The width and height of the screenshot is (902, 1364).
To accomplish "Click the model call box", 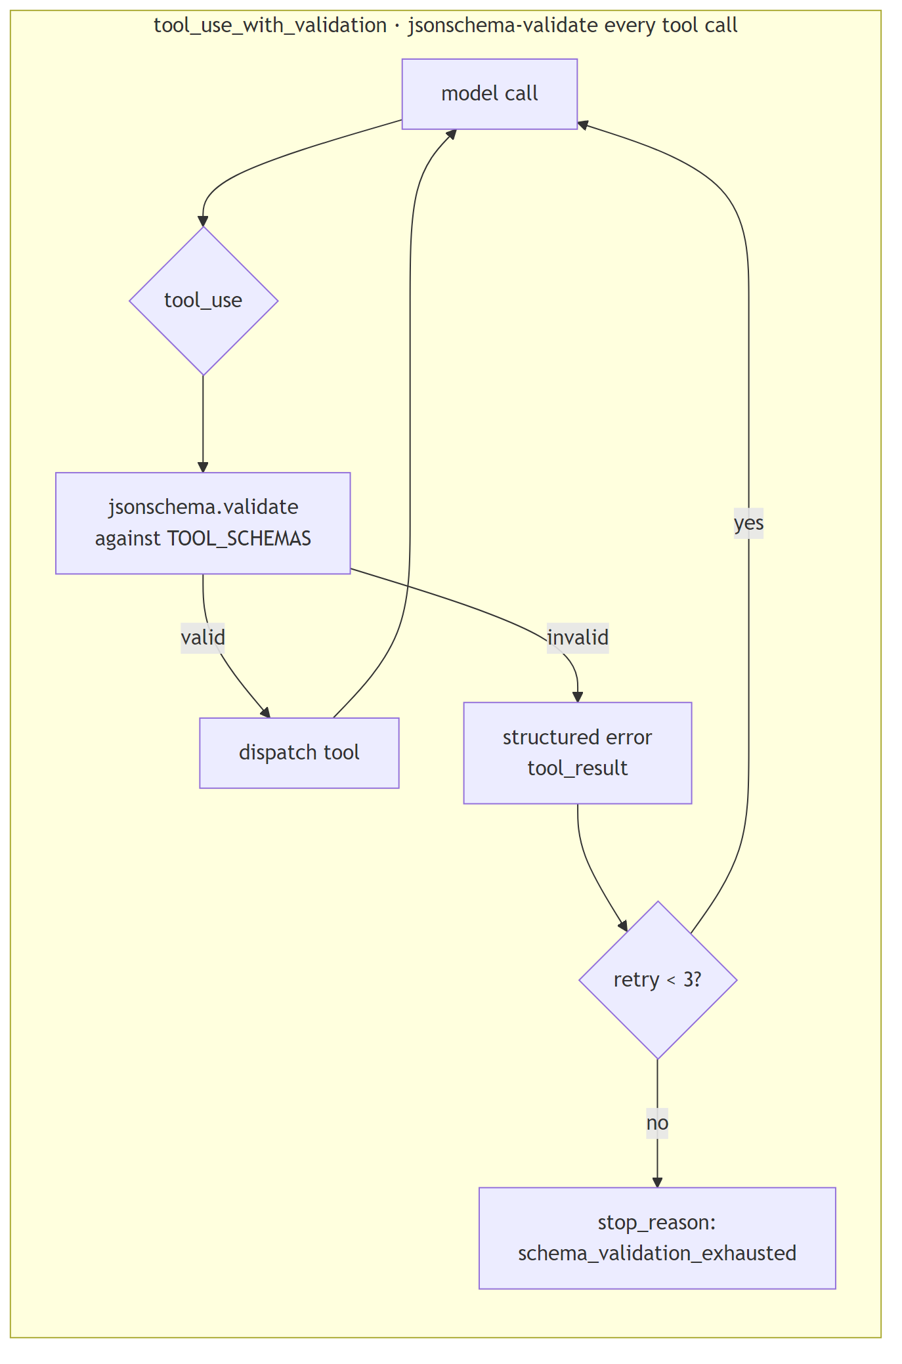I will tap(489, 94).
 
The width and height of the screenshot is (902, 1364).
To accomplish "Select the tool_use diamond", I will tap(204, 301).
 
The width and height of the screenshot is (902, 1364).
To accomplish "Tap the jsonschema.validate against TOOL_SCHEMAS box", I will tap(203, 523).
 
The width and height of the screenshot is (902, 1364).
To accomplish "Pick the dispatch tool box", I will tap(299, 752).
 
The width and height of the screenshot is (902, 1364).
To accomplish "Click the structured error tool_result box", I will tap(577, 752).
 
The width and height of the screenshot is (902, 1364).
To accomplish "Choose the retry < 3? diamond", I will tap(657, 979).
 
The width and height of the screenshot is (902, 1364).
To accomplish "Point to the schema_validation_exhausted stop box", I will tap(656, 1237).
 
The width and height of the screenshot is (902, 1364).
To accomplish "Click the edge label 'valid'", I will tap(203, 637).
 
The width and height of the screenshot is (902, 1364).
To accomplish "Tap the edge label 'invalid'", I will tap(577, 637).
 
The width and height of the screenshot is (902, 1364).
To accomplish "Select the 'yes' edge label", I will tap(748, 523).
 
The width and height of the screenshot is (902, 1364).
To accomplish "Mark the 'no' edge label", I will tap(657, 1123).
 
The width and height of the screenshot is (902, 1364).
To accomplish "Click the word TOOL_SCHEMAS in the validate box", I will tap(239, 539).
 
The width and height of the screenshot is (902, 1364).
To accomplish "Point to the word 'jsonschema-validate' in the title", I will tap(503, 26).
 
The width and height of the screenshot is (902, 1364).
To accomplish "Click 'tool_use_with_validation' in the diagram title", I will tap(270, 26).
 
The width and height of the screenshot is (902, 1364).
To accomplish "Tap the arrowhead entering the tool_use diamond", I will tap(204, 222).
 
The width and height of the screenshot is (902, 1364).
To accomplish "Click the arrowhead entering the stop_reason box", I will tap(657, 1182).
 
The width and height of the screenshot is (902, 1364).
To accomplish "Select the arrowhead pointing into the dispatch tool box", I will tap(265, 713).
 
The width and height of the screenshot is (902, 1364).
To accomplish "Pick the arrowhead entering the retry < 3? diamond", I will tap(623, 926).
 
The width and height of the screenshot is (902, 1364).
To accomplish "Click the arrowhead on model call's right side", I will tap(582, 124).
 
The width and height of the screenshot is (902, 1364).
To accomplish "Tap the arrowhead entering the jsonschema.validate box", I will tap(203, 467).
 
